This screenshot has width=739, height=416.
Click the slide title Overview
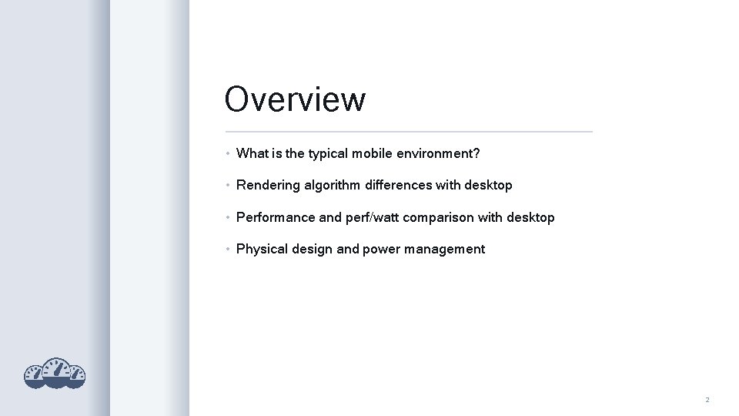(295, 99)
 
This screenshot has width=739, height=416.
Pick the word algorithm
(333, 186)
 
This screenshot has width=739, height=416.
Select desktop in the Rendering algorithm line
(488, 186)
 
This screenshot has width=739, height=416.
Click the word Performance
(276, 218)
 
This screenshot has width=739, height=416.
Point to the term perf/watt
(373, 218)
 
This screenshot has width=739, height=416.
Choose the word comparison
(438, 218)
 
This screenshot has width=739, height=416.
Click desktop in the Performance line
(530, 218)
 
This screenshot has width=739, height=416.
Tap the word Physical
(262, 250)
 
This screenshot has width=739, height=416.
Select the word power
(380, 250)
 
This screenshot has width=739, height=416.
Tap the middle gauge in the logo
(55, 371)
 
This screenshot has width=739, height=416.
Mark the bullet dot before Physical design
(228, 250)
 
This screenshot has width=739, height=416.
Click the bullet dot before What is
(228, 153)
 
